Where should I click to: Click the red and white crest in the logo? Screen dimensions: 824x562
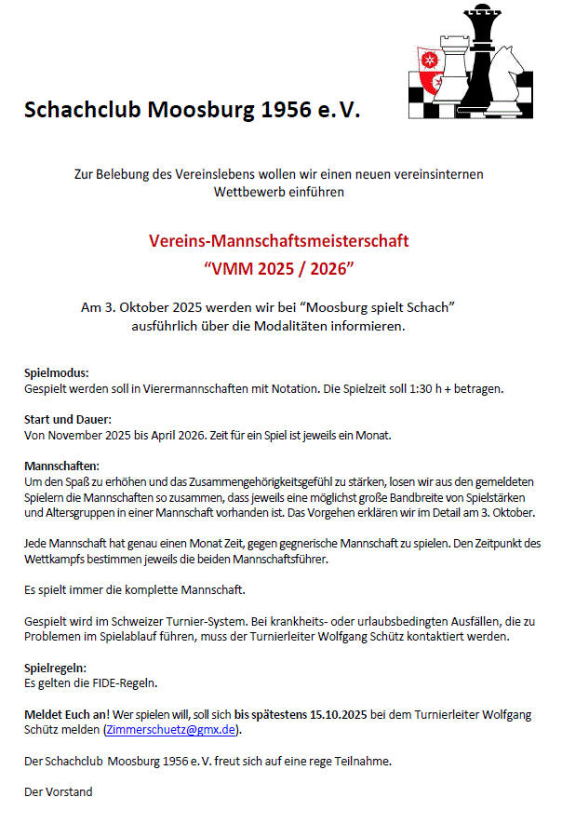(x=430, y=70)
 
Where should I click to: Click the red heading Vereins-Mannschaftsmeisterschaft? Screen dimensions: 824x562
(x=279, y=241)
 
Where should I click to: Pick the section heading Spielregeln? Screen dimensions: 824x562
(x=55, y=668)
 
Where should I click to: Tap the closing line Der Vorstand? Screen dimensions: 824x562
(x=58, y=792)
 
